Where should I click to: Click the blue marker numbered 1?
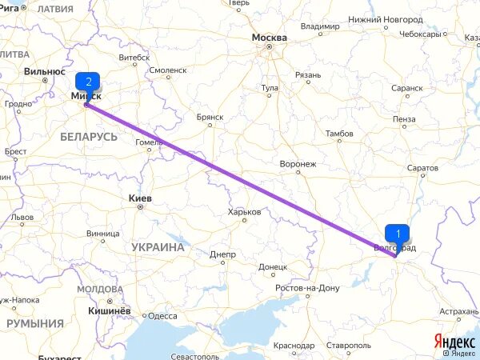tap(397, 232)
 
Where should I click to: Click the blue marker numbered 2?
tap(88, 82)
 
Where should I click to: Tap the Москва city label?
tap(269, 38)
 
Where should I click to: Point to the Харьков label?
tap(245, 212)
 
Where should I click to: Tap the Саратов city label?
tap(422, 168)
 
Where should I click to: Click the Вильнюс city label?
tap(44, 71)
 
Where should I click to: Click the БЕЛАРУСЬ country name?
tap(89, 138)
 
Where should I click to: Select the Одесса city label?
tap(162, 316)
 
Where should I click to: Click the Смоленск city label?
tap(168, 70)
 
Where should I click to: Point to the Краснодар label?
tap(294, 345)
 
